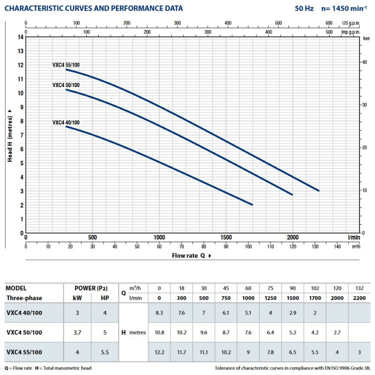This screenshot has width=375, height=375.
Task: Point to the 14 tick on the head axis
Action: tap(20, 37)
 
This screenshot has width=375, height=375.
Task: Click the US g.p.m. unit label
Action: tap(352, 22)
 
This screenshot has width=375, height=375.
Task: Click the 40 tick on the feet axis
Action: tap(365, 62)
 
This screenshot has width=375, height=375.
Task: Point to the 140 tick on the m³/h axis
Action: tap(337, 246)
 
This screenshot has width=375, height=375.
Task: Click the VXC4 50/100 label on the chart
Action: tap(66, 85)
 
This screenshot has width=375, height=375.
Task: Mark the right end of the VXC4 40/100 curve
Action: tap(252, 204)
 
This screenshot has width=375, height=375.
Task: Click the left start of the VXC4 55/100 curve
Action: tap(66, 69)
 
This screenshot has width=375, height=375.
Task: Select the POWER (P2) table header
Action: tap(91, 288)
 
